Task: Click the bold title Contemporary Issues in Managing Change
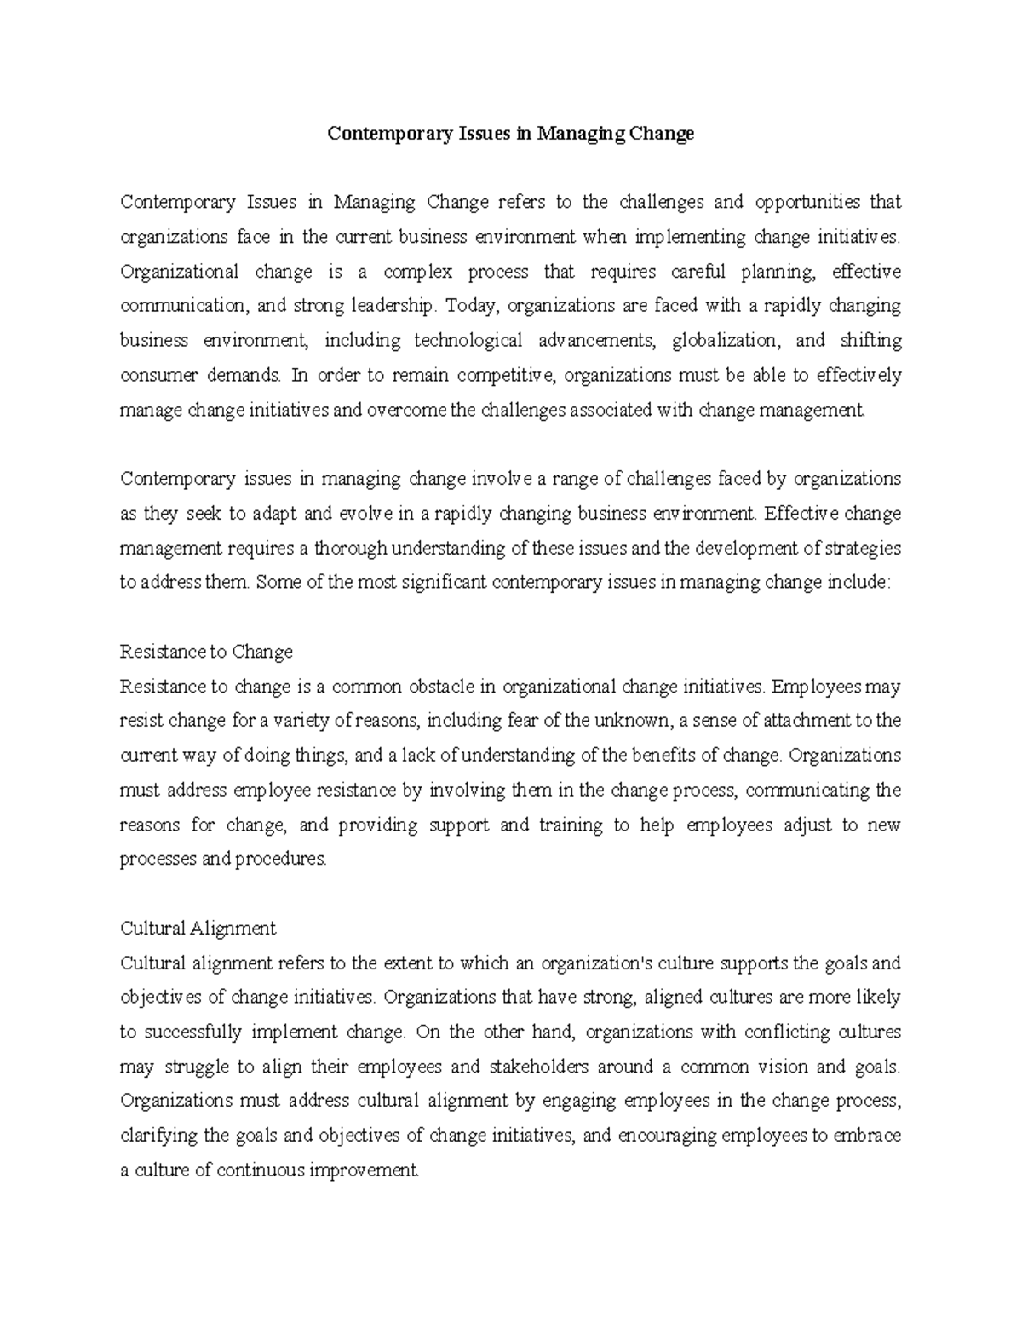coord(511,134)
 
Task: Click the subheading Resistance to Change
coord(206,652)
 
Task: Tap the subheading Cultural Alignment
coord(198,928)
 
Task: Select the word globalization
coord(724,341)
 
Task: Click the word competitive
coord(505,376)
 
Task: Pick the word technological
coord(468,341)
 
